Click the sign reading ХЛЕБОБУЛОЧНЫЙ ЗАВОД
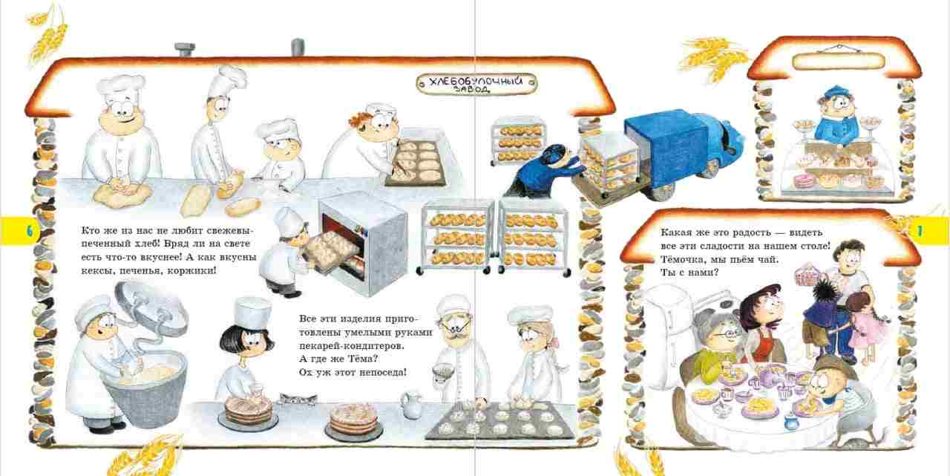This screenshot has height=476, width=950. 476,84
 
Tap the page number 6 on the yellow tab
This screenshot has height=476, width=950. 29,232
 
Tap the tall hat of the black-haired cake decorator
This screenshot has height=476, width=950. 252,312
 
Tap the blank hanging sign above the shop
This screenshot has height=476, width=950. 839,61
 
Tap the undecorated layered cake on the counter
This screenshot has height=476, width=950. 353,421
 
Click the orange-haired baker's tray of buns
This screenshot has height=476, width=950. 416,162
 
